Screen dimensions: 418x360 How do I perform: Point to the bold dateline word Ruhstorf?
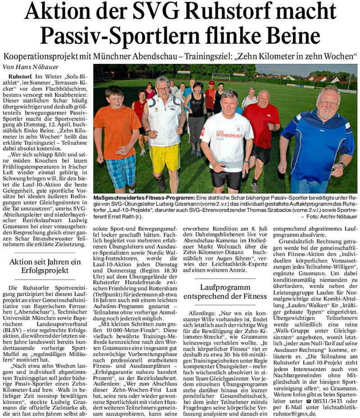(x=20, y=77)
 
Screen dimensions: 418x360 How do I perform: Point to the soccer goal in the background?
(x=220, y=77)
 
